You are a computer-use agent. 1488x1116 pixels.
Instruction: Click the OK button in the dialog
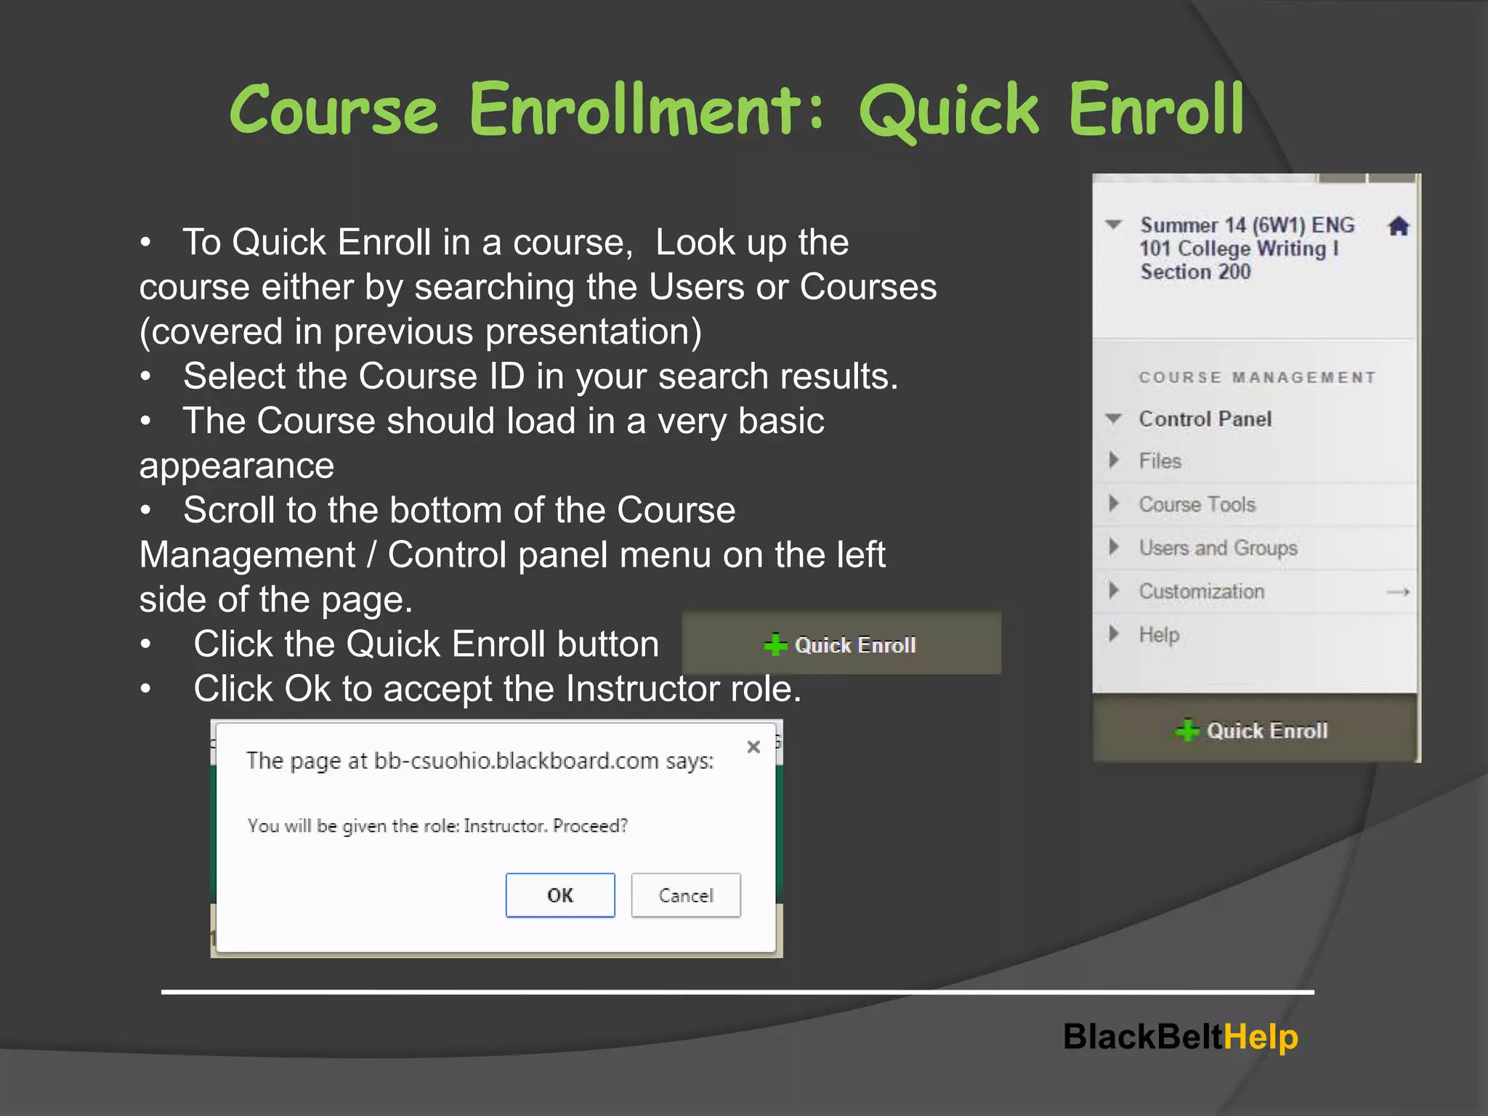pyautogui.click(x=560, y=895)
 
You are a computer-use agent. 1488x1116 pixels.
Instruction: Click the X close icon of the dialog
pyautogui.click(x=753, y=747)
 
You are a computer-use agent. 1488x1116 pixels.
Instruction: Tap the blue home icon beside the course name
pyautogui.click(x=1399, y=227)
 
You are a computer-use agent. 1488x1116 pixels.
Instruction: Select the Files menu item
pyautogui.click(x=1160, y=461)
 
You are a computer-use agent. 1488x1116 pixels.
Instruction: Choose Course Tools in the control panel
pyautogui.click(x=1197, y=505)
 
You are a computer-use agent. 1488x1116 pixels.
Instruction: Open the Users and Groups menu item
pyautogui.click(x=1218, y=548)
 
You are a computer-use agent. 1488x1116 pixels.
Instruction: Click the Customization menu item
pyautogui.click(x=1201, y=591)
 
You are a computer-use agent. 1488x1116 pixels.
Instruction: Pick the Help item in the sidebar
pyautogui.click(x=1159, y=635)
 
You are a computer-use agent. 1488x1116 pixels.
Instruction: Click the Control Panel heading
pyautogui.click(x=1205, y=419)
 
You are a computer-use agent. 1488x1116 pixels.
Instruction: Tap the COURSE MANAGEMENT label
pyautogui.click(x=1257, y=378)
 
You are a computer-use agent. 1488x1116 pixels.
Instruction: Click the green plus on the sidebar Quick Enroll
pyautogui.click(x=1187, y=730)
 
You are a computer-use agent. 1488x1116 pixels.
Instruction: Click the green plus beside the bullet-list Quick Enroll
pyautogui.click(x=775, y=644)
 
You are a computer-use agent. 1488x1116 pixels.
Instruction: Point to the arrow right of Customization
pyautogui.click(x=1398, y=592)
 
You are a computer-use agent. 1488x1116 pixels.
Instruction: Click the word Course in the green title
pyautogui.click(x=334, y=110)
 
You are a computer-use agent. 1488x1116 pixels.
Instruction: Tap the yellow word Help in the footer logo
pyautogui.click(x=1261, y=1037)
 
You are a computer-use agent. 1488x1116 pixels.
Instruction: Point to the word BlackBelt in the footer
pyautogui.click(x=1143, y=1037)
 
